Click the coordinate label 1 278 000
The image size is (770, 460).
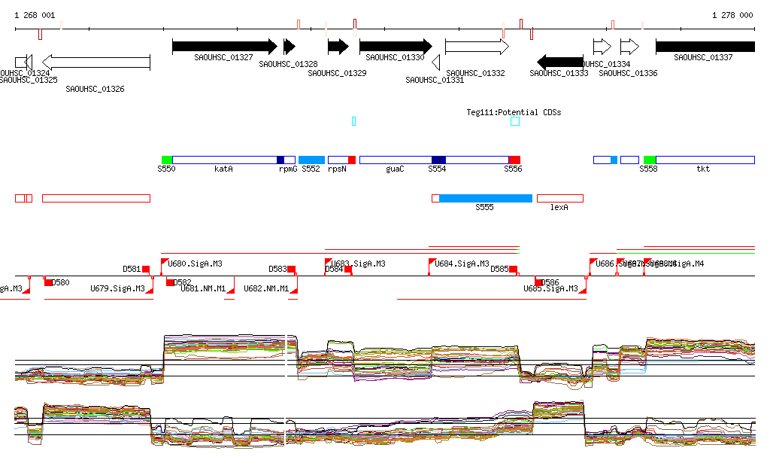click(732, 15)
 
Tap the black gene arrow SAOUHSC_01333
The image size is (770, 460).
click(559, 62)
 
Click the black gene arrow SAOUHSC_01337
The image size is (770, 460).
click(705, 47)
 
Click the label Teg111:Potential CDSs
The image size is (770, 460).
click(514, 112)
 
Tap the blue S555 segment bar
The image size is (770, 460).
click(485, 198)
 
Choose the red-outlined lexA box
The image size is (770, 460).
click(559, 198)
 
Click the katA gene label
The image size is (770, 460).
click(223, 169)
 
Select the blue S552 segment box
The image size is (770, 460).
click(311, 160)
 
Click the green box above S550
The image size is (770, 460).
click(167, 160)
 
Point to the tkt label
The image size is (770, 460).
click(703, 169)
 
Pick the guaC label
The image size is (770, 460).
click(395, 169)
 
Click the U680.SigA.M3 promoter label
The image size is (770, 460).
click(195, 264)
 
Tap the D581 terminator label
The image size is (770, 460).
click(132, 269)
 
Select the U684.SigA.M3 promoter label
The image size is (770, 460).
click(462, 264)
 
